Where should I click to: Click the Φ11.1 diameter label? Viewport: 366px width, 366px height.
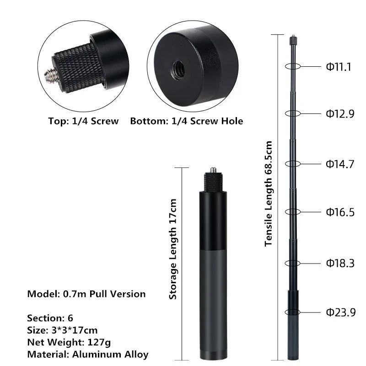click(x=339, y=67)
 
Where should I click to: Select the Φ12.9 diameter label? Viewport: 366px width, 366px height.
click(x=340, y=114)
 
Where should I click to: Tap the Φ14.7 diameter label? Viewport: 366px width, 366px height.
click(x=340, y=164)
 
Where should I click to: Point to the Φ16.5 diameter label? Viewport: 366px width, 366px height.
click(x=340, y=212)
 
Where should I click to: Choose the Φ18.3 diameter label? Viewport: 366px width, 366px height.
click(x=340, y=263)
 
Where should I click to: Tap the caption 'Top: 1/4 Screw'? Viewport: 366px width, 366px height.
click(x=83, y=121)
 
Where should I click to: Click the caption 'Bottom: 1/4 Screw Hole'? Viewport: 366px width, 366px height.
click(x=187, y=121)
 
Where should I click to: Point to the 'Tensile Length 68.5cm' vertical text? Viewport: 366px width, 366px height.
click(x=269, y=194)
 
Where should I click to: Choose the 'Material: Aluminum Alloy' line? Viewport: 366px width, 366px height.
click(x=87, y=354)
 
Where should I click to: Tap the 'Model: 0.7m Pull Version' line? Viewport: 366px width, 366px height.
click(x=86, y=294)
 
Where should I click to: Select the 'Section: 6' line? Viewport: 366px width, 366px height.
click(x=50, y=318)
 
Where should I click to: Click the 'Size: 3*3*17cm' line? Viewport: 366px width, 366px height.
click(x=62, y=330)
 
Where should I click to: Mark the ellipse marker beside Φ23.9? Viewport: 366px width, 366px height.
click(x=292, y=312)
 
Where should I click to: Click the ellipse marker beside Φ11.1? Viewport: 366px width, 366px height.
click(x=292, y=66)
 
